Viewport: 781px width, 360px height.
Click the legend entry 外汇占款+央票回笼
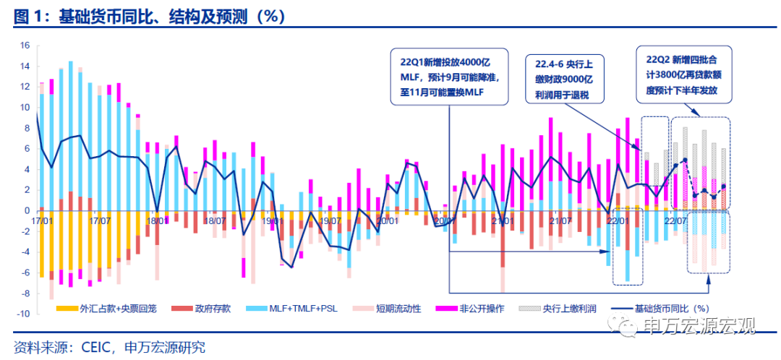[113, 308]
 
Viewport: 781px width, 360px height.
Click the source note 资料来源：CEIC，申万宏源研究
[109, 346]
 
